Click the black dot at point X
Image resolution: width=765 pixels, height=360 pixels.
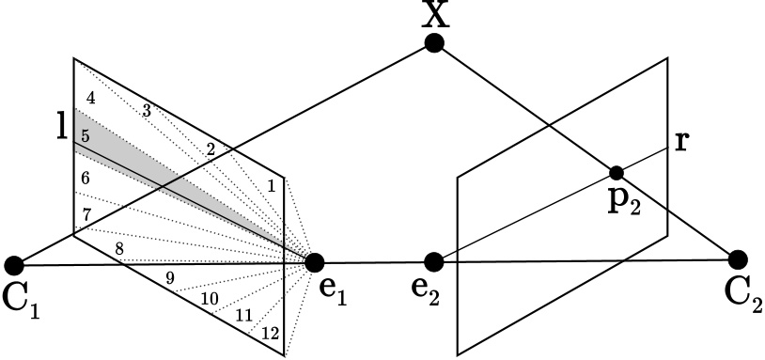coord(433,42)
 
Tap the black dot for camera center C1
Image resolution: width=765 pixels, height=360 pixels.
coord(14,265)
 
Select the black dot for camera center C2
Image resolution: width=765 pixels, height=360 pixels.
coord(738,258)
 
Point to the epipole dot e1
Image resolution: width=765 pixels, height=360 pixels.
coord(315,262)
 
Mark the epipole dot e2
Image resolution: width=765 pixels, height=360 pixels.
coord(433,260)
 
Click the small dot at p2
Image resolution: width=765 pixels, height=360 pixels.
coord(617,173)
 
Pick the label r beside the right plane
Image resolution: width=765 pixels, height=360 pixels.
coord(682,142)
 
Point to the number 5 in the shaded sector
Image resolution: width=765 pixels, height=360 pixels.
coord(86,136)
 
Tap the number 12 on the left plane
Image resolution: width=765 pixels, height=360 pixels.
coord(270,334)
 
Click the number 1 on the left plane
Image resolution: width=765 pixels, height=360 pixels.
coord(272,186)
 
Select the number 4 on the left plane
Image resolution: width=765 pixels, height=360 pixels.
coord(90,98)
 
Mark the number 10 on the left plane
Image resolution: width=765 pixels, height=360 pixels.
coord(210,298)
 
